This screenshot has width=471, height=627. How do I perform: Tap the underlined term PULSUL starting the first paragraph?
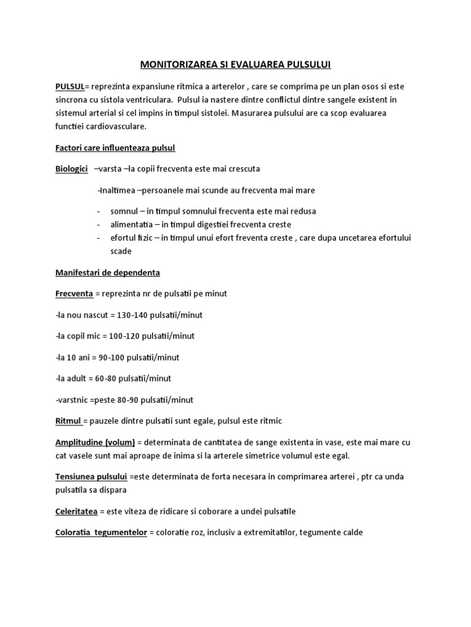(x=69, y=86)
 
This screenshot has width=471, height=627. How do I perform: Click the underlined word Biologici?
(x=71, y=168)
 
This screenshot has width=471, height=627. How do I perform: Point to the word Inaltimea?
(x=117, y=190)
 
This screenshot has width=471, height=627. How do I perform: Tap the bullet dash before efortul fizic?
(x=98, y=238)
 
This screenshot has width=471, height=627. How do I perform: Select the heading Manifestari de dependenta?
(x=107, y=272)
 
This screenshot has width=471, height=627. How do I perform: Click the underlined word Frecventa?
(x=74, y=294)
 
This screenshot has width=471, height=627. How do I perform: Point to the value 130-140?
(x=132, y=315)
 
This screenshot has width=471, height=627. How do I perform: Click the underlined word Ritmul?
(x=68, y=421)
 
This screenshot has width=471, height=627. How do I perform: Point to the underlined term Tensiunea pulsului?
(x=91, y=476)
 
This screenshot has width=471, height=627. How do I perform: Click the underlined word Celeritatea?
(x=77, y=511)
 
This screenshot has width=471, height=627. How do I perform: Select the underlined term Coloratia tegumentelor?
(x=101, y=533)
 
